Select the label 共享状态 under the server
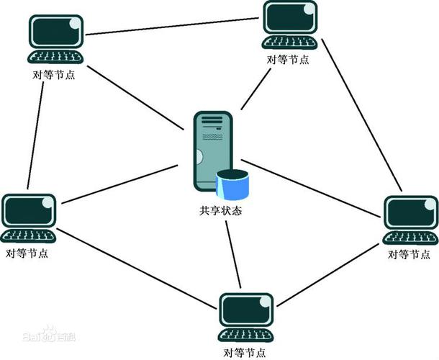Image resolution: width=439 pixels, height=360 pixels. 219,212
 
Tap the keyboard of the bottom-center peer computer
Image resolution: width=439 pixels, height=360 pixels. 246,336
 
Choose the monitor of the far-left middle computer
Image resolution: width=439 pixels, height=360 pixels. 28,212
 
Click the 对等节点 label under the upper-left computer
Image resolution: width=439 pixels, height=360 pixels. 55,75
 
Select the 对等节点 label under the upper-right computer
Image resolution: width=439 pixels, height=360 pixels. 288,60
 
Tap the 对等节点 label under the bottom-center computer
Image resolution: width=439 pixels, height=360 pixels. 245,353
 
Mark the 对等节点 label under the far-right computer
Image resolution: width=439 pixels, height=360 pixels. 409,254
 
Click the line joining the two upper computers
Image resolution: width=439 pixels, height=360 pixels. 173,26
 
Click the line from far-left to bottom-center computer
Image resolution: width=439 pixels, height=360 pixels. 137,270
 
